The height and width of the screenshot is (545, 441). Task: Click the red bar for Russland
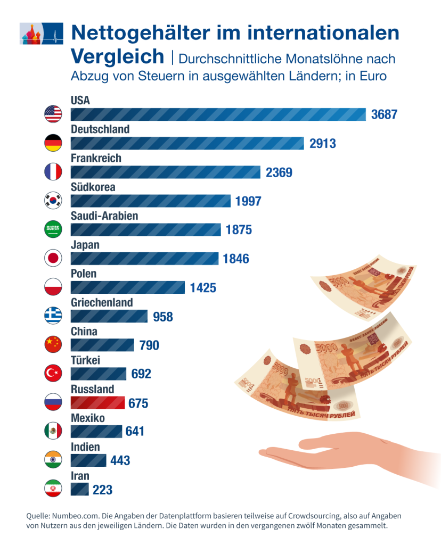[x=97, y=403]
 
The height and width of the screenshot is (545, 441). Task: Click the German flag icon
[x=53, y=143]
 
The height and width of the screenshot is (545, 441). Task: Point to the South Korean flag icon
[x=53, y=201]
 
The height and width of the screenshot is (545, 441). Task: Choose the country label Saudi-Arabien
[x=104, y=216]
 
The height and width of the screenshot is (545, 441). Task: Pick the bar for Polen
[x=128, y=287]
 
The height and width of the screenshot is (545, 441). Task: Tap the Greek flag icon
[x=53, y=316]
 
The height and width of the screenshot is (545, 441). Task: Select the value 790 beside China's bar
[x=149, y=345]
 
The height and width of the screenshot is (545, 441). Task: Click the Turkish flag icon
[x=53, y=374]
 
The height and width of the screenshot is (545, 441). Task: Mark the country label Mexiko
[x=88, y=418]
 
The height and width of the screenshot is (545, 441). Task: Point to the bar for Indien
[x=88, y=460]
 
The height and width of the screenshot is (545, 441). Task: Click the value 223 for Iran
[x=102, y=490]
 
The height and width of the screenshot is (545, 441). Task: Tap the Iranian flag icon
[x=53, y=489]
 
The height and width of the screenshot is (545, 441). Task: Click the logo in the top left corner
[x=41, y=34]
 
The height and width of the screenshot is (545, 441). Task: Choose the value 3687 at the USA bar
[x=384, y=114]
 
